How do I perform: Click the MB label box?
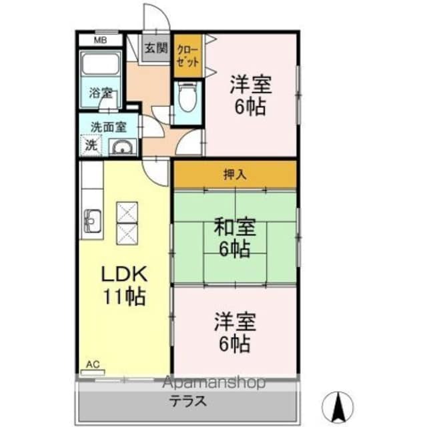point(99,40)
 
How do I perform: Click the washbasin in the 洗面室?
point(121,147)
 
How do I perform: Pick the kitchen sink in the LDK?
point(92,219)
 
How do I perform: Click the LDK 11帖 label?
point(123,285)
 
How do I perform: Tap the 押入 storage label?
point(234,175)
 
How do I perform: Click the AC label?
point(93,364)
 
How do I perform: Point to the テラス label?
point(186,402)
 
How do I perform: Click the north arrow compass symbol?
point(338,404)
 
